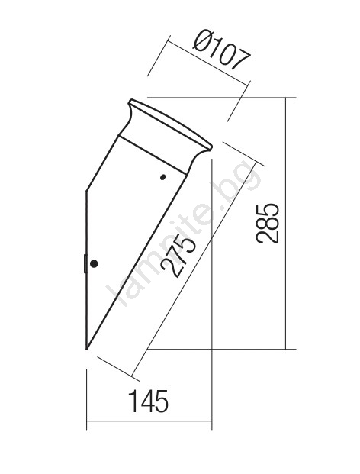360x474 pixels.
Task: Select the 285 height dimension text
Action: (x=267, y=224)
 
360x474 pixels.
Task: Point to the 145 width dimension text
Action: (x=148, y=401)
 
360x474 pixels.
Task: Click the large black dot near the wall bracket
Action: (x=94, y=263)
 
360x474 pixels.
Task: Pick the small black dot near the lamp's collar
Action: (x=162, y=177)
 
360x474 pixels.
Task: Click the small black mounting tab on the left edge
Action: (x=85, y=263)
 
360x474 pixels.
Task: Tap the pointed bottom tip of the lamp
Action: (x=87, y=350)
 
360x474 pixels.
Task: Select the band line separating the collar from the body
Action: (x=153, y=155)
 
